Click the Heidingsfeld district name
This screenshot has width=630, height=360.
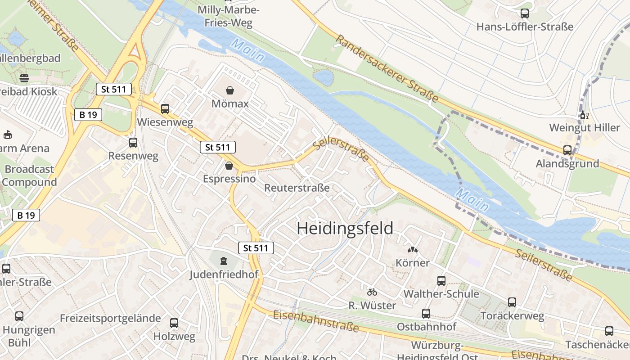click(345, 229)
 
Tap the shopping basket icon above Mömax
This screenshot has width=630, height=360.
click(230, 91)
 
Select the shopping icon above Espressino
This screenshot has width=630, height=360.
click(229, 166)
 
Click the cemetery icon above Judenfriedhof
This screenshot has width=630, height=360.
click(223, 261)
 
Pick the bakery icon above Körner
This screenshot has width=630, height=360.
click(412, 249)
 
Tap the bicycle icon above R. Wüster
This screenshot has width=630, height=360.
click(372, 292)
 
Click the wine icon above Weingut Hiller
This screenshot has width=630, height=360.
click(585, 115)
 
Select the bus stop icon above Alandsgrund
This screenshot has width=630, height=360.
click(567, 150)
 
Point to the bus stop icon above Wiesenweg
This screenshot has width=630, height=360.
click(165, 109)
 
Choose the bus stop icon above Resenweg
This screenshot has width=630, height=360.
click(133, 143)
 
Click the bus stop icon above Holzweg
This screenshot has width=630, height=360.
click(174, 323)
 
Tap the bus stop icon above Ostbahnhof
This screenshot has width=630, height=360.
click(426, 314)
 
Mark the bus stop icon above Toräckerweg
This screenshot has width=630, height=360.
click(512, 302)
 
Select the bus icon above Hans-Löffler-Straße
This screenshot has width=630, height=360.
click(525, 13)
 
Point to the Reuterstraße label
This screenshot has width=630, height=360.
click(297, 188)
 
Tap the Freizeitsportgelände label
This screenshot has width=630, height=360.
click(110, 318)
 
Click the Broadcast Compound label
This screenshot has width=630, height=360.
click(29, 176)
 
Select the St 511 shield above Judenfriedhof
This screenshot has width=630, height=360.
click(256, 247)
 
